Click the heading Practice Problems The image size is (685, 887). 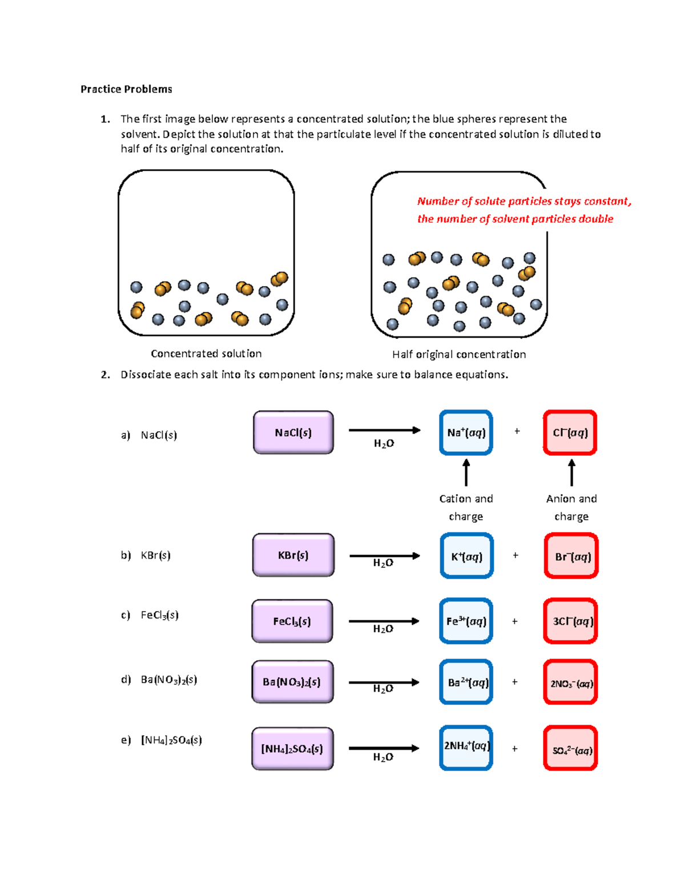pyautogui.click(x=126, y=89)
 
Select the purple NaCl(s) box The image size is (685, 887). pyautogui.click(x=293, y=433)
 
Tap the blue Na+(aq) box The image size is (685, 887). pyautogui.click(x=466, y=433)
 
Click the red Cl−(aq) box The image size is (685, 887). pyautogui.click(x=570, y=433)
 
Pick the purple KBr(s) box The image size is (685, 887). pyautogui.click(x=293, y=555)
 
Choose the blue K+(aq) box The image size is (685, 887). pyautogui.click(x=466, y=556)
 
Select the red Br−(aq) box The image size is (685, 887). pyautogui.click(x=571, y=556)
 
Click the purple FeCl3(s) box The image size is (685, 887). pyautogui.click(x=292, y=621)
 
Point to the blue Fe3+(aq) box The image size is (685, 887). pyautogui.click(x=466, y=621)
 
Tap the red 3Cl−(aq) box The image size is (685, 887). pyautogui.click(x=570, y=621)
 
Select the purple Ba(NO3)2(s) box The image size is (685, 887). pyautogui.click(x=292, y=682)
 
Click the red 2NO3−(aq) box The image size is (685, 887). pyautogui.click(x=570, y=683)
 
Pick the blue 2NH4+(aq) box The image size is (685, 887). pyautogui.click(x=466, y=748)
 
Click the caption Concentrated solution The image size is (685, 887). pyautogui.click(x=206, y=354)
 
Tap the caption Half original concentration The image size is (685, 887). pyautogui.click(x=459, y=355)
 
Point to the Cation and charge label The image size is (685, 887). pyautogui.click(x=466, y=507)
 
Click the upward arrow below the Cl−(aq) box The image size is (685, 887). pyautogui.click(x=571, y=472)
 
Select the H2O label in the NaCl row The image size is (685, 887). pyautogui.click(x=384, y=444)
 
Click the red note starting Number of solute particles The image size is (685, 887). pyautogui.click(x=523, y=210)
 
